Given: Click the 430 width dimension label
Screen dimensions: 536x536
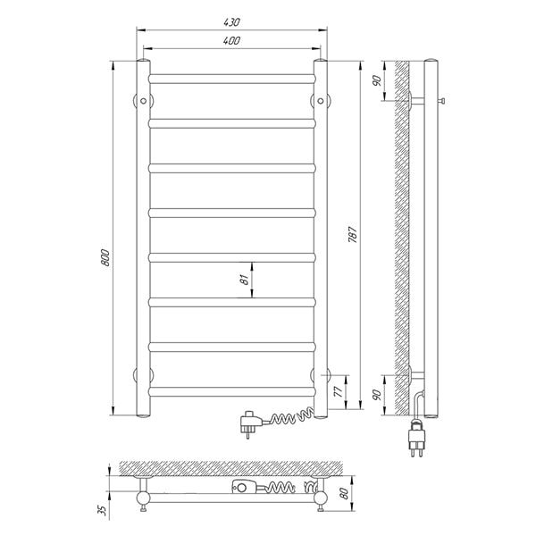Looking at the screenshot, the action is (x=231, y=22).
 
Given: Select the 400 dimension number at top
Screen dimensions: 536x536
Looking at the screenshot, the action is (x=231, y=41).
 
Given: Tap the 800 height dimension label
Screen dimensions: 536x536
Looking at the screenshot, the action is (x=106, y=258).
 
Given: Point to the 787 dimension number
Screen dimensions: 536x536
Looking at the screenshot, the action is (x=353, y=234).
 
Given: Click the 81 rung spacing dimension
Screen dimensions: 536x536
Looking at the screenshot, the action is (x=244, y=280).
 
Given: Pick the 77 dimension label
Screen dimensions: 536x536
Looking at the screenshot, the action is (x=338, y=391).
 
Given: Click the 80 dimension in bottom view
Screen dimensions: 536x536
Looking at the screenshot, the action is (x=344, y=493).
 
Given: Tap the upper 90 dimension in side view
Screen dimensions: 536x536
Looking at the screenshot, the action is (x=376, y=80).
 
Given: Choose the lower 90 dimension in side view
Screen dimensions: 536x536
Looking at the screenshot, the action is (x=376, y=395).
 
